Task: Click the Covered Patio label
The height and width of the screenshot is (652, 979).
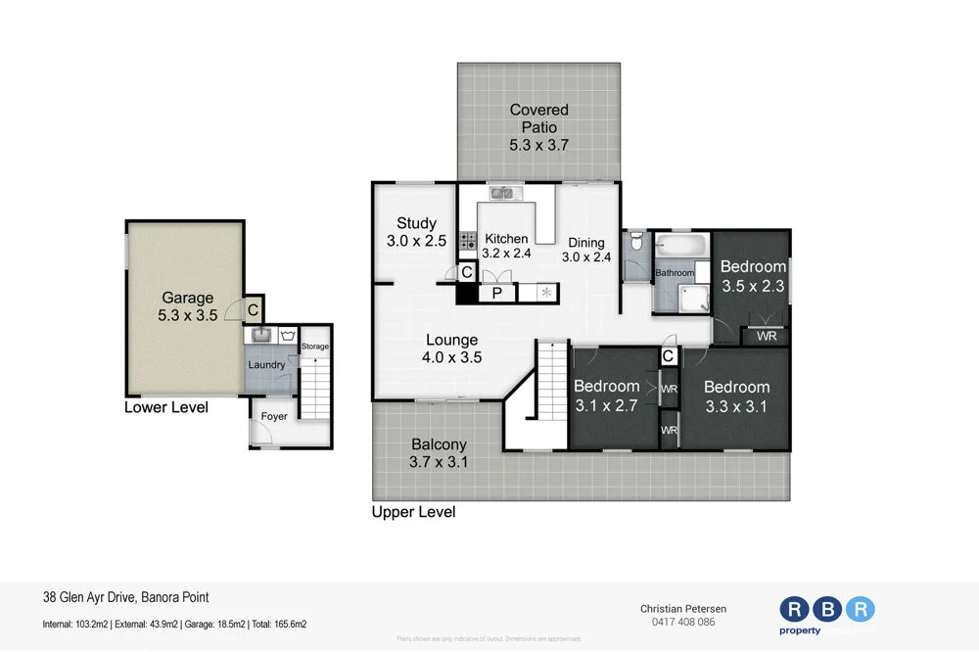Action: [x=538, y=127]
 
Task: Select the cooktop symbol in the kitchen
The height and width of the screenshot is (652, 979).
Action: [x=468, y=239]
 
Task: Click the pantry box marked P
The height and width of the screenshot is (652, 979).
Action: [x=497, y=293]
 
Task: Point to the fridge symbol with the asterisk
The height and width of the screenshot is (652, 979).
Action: [x=546, y=293]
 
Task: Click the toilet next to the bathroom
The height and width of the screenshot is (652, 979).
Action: [x=636, y=241]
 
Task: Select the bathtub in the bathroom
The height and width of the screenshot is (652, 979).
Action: [x=681, y=244]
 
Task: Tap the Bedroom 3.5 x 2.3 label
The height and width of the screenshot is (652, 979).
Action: [x=753, y=276]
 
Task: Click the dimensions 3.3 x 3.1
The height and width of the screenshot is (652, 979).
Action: [x=736, y=404]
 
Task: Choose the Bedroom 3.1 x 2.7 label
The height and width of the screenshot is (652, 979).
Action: [x=606, y=396]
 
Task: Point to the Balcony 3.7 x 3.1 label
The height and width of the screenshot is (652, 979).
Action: [x=438, y=453]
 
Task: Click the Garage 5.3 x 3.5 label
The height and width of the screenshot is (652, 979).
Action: [x=187, y=307]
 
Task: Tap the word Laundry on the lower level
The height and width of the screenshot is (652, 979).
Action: [x=266, y=365]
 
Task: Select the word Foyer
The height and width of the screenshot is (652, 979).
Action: [x=274, y=416]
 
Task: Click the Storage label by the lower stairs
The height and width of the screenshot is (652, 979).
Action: [x=315, y=347]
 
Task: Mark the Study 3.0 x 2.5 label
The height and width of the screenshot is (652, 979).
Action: [x=416, y=232]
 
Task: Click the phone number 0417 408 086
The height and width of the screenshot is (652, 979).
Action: [x=684, y=622]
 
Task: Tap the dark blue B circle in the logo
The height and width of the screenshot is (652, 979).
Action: [x=827, y=609]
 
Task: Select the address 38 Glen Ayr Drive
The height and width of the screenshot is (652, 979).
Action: [x=126, y=597]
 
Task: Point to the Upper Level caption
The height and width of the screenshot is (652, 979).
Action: [x=413, y=512]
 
